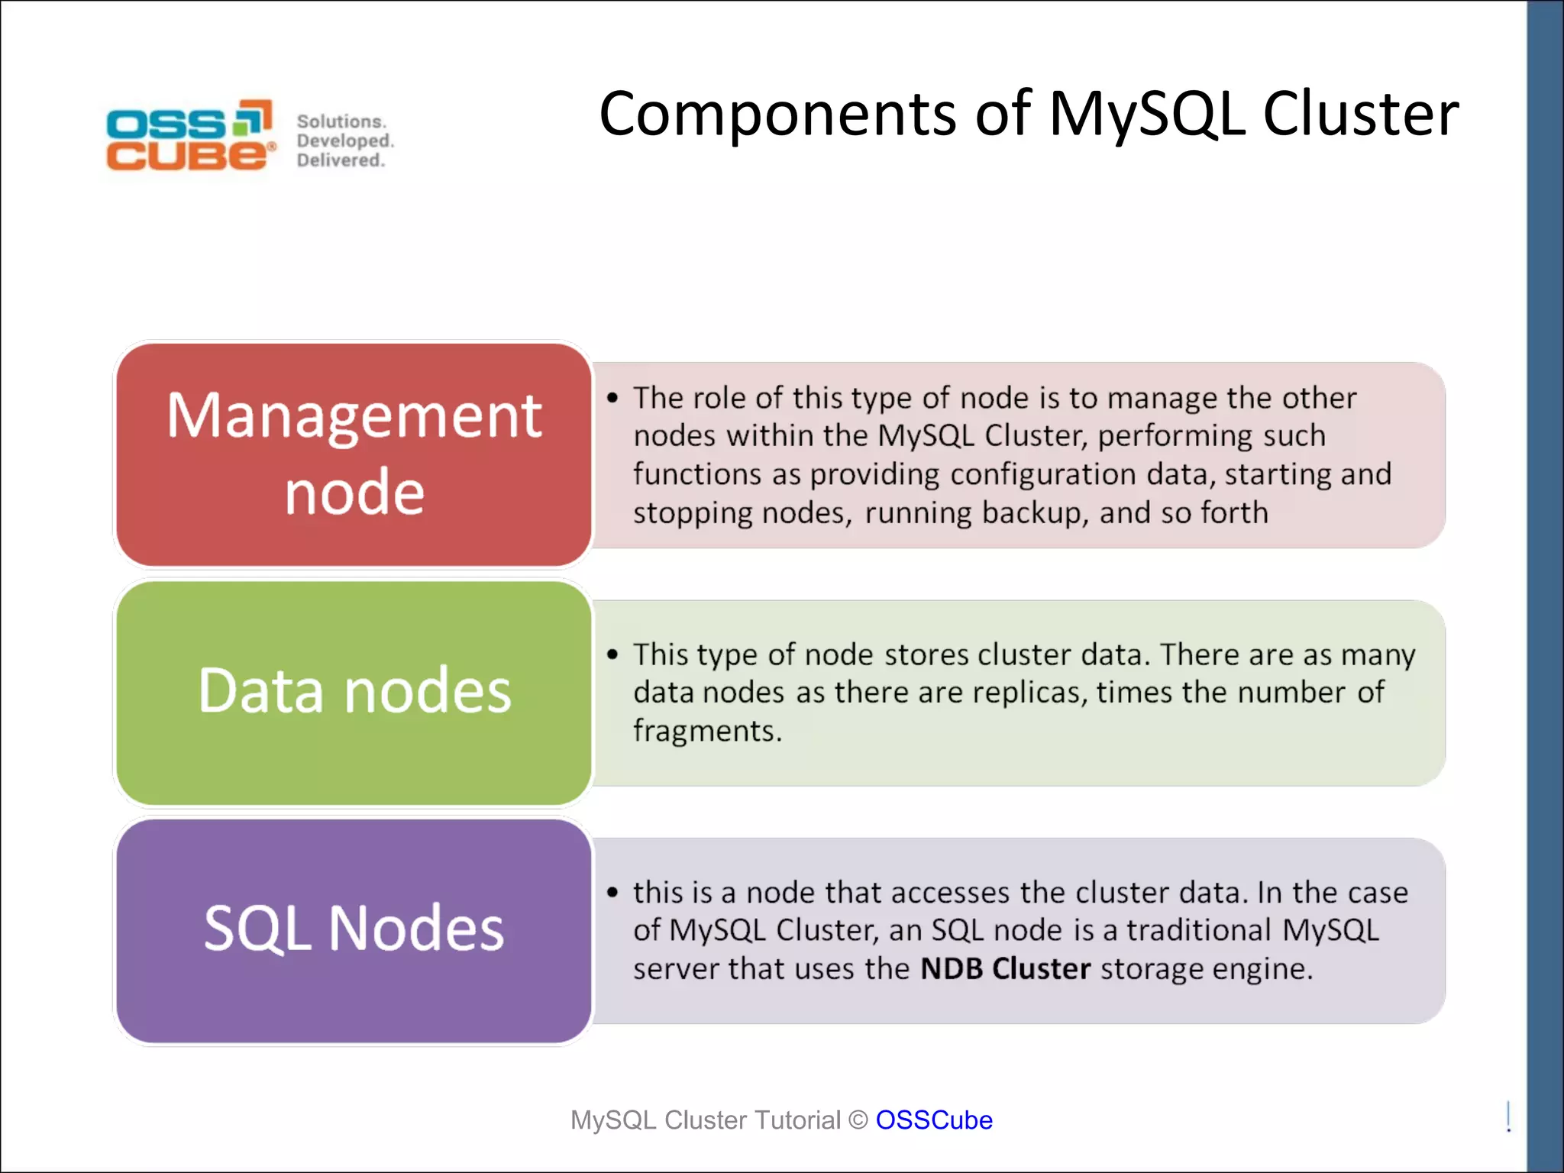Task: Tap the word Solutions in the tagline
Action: pos(341,121)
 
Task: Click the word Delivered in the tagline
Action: pos(340,160)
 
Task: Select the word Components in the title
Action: pos(777,114)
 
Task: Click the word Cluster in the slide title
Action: pos(1360,114)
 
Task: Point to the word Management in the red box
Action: pos(354,416)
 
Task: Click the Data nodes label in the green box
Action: pos(354,690)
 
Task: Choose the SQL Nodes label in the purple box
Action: pos(354,928)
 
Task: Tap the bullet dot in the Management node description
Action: pos(612,398)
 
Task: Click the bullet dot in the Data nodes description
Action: pos(612,654)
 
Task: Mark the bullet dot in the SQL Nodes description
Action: pos(612,892)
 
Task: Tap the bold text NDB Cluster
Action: pos(1005,968)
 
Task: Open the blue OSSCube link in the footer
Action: pos(934,1120)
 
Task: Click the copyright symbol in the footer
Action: pos(858,1120)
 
